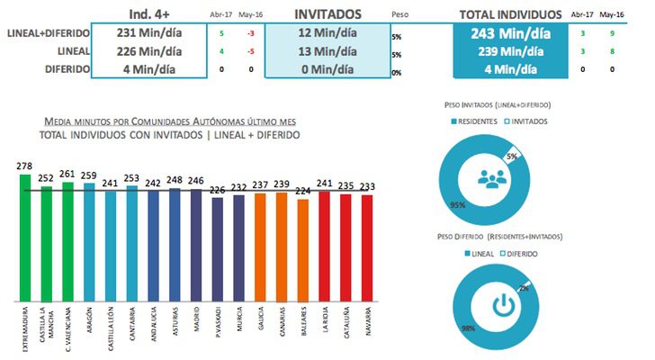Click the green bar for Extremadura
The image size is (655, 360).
click(x=24, y=238)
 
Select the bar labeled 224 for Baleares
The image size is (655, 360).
click(x=302, y=249)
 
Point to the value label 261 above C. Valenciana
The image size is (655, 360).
click(x=67, y=174)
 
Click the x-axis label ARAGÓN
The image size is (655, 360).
click(x=89, y=321)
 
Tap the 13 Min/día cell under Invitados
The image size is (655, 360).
click(x=327, y=51)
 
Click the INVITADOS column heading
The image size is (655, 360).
click(x=327, y=14)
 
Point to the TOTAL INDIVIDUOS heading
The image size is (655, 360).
click(x=505, y=15)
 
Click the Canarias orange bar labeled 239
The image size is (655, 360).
click(x=282, y=246)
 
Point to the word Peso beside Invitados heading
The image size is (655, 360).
click(x=400, y=15)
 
